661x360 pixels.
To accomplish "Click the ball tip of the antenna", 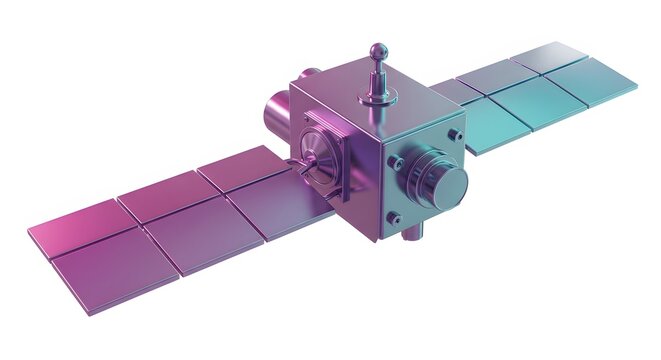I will (x=377, y=49).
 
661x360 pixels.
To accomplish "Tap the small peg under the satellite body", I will (x=414, y=231).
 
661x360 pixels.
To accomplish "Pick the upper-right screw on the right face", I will (x=457, y=133).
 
